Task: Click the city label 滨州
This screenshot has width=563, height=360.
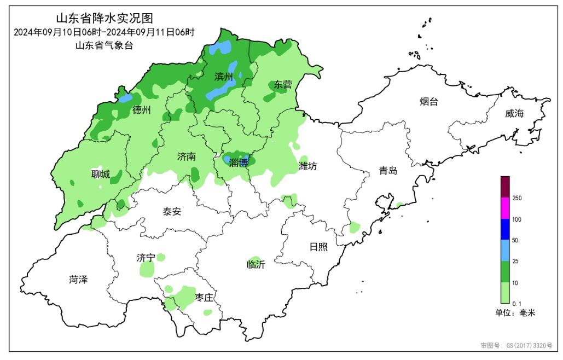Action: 224,77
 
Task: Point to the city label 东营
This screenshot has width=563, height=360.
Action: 283,84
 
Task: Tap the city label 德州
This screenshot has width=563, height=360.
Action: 141,110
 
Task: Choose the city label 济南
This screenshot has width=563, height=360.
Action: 186,156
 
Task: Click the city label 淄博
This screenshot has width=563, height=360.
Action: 239,162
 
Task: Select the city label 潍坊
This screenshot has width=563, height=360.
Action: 307,166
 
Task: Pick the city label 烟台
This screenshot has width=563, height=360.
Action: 428,102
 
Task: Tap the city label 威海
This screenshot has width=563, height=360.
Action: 514,113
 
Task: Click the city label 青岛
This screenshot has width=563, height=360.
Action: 388,171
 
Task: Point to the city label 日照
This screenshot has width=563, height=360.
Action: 318,247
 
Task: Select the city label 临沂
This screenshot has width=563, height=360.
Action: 256,265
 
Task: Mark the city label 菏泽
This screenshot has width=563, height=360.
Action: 78,280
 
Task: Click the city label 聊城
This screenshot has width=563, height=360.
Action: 100,175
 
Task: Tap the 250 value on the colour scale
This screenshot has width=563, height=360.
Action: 516,199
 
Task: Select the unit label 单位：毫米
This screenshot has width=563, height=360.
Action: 515,313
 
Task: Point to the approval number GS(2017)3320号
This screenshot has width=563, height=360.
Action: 516,346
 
